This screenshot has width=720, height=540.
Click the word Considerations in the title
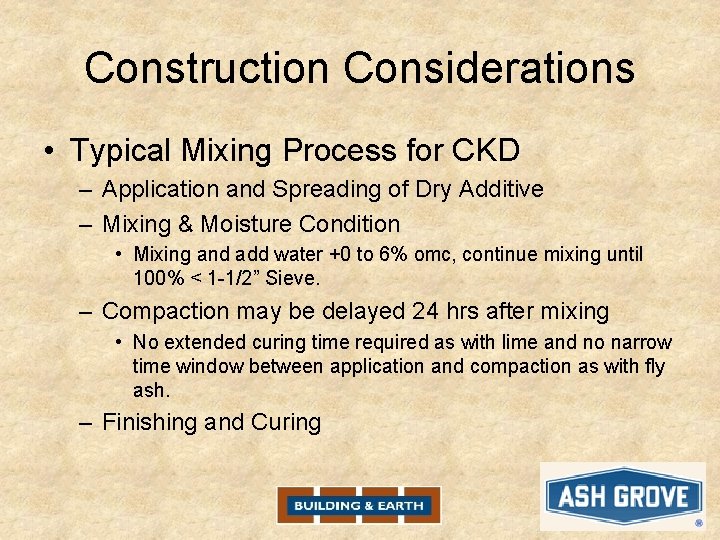pos(490,68)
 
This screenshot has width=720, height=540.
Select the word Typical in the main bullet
pos(121,151)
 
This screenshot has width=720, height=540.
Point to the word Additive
pos(501,189)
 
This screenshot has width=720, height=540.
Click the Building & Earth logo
pos(359,505)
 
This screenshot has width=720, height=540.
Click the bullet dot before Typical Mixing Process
pos(49,152)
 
